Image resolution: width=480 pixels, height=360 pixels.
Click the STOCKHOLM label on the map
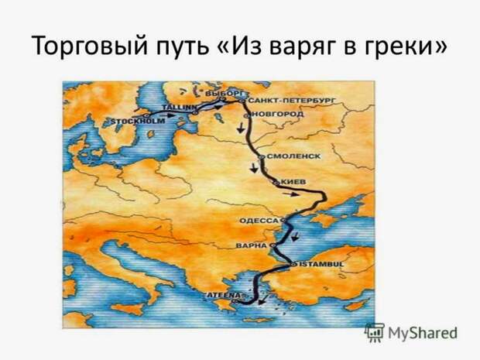click(138, 122)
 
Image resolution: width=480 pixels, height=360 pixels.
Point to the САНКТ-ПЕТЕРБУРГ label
click(292, 101)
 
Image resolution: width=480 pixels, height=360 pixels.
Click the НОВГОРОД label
click(278, 114)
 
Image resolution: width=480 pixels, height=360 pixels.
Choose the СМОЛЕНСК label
click(294, 156)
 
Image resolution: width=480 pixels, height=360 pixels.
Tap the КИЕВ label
click(293, 182)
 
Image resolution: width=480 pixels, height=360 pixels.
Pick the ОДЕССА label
click(259, 221)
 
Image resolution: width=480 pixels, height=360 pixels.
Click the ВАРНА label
click(252, 245)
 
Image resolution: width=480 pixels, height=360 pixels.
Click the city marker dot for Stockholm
click(146, 115)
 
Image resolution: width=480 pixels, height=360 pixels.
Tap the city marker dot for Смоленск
click(262, 156)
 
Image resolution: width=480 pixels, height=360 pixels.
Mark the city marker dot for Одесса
click(283, 220)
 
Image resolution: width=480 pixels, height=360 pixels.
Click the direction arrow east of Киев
click(291, 194)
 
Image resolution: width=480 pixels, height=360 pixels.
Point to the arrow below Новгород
click(241, 128)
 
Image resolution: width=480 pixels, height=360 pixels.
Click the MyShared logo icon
click(375, 332)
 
